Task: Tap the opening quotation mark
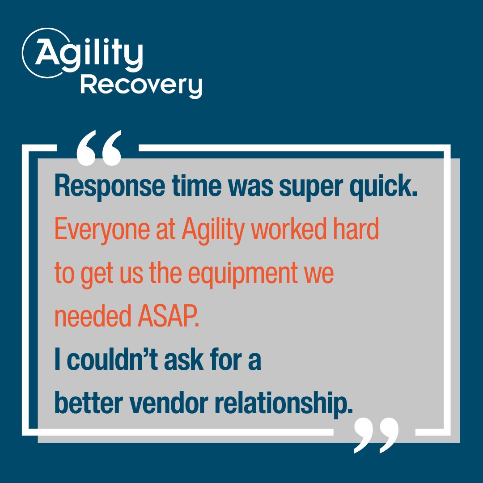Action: [99, 147]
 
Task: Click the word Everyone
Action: [99, 230]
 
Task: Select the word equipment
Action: [242, 274]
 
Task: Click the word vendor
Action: [165, 404]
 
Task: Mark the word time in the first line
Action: [186, 186]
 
